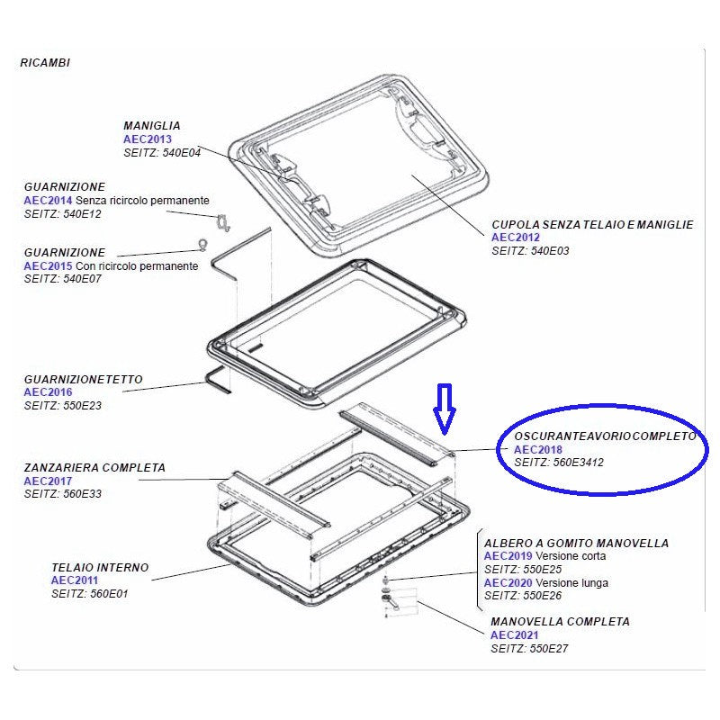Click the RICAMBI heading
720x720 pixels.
(45, 63)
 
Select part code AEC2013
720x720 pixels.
(148, 139)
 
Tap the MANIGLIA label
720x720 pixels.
(152, 126)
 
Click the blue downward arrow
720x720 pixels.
(445, 409)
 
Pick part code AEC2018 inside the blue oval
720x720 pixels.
(537, 449)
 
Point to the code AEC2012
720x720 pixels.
(516, 238)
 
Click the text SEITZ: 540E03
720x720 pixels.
(530, 251)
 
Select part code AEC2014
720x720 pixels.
(48, 201)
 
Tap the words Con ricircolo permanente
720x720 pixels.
(137, 266)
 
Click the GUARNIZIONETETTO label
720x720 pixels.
(83, 380)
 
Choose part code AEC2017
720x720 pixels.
(48, 481)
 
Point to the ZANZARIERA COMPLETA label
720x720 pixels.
(94, 468)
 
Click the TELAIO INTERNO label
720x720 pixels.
(100, 568)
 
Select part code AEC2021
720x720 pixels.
(515, 635)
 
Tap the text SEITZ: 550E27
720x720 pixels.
(529, 649)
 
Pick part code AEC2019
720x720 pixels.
(508, 556)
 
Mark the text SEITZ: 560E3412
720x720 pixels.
(559, 463)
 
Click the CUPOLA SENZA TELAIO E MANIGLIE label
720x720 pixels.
(592, 224)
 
